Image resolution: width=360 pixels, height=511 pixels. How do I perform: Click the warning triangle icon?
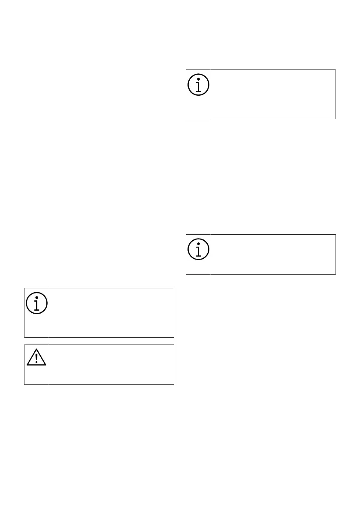(36, 357)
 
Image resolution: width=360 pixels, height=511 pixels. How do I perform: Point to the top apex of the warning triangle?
(36, 348)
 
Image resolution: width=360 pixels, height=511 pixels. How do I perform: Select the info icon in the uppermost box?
(198, 85)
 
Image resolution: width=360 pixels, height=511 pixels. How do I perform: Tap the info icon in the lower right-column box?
(198, 249)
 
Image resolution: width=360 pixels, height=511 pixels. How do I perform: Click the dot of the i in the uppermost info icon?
(198, 79)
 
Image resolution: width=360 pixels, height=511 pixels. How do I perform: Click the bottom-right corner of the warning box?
(174, 384)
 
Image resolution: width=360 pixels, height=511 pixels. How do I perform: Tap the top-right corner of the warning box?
(174, 345)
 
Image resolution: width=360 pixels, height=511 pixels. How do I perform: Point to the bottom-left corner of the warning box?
(24, 384)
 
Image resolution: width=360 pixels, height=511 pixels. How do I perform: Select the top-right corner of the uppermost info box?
(335, 70)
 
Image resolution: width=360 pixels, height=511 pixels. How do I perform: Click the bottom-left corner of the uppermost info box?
(186, 119)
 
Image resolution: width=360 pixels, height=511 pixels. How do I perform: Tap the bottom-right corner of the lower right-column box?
(335, 274)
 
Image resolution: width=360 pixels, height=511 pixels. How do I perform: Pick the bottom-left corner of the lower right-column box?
(186, 274)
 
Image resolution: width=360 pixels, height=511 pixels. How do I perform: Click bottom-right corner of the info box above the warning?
(174, 337)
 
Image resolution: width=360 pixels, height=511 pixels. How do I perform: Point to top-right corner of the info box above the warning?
(174, 288)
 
